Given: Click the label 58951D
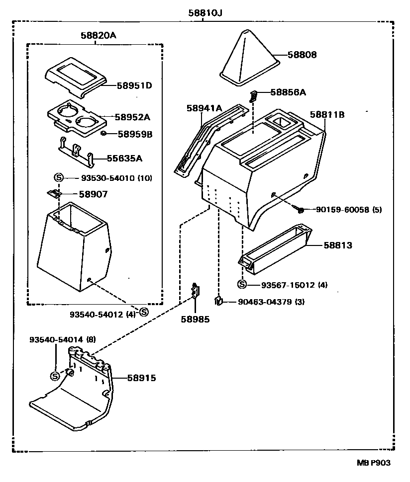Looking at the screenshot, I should pos(134,85).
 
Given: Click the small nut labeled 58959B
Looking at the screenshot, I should pos(103,134).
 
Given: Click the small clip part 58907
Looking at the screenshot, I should pos(54,193).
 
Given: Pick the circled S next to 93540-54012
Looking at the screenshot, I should pos(143,312).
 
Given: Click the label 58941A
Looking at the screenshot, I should pos(204,108).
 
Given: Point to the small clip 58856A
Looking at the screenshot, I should pos(254,95).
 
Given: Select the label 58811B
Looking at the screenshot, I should pos(327,114).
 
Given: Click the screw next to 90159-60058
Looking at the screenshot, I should pos(300,210).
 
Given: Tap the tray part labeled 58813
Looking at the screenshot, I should pos(274,248).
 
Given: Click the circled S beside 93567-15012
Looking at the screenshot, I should pos(242,285).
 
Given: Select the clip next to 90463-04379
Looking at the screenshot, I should pos(218,300).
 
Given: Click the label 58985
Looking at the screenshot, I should pos(195,320).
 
